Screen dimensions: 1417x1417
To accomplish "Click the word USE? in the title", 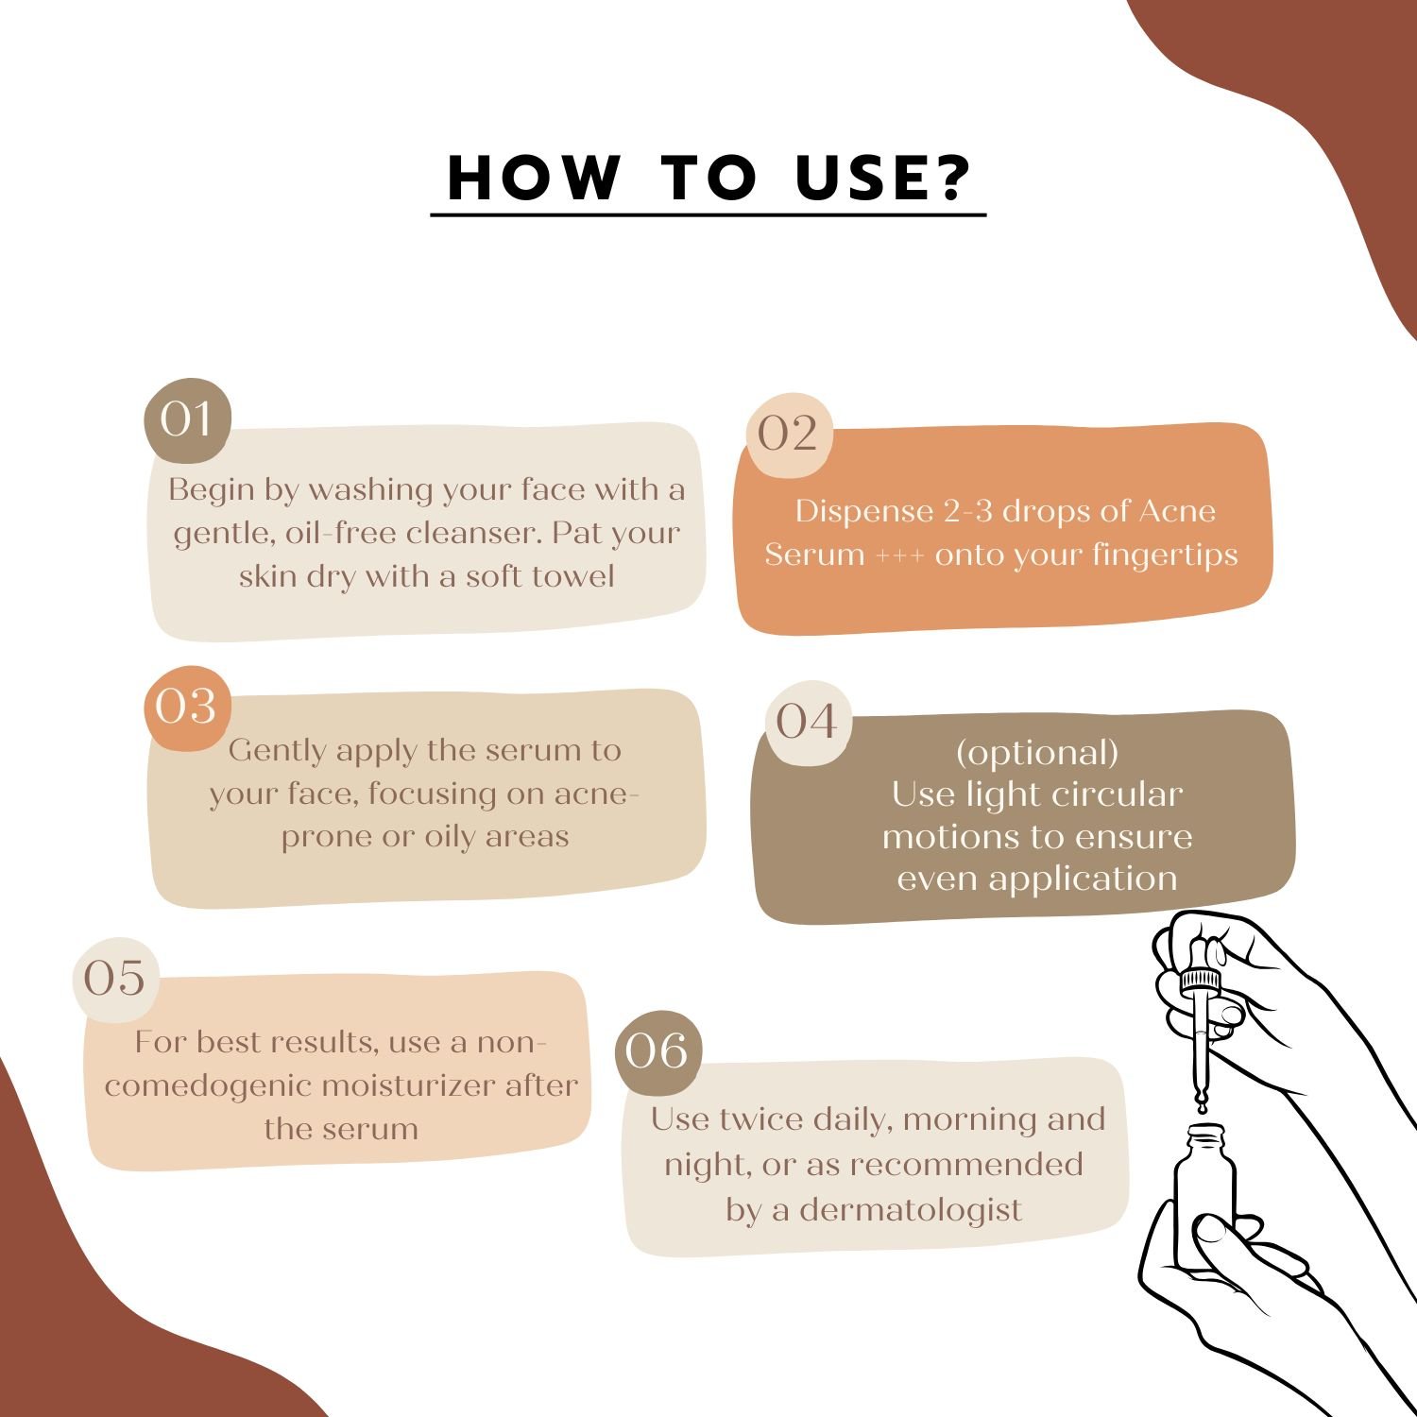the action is (x=883, y=177).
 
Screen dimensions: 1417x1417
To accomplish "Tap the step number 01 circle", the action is (x=187, y=420).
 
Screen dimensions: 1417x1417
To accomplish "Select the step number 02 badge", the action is (x=788, y=435).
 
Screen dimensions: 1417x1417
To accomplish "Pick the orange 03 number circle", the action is (x=187, y=708).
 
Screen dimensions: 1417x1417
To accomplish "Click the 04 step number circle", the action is (x=808, y=723).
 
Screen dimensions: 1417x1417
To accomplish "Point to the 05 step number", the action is (x=115, y=980).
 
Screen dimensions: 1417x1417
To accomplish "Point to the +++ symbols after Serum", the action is (x=900, y=555).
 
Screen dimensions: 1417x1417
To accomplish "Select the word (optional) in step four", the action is (x=1037, y=753).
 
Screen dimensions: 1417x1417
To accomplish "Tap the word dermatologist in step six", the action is (x=911, y=1210).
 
